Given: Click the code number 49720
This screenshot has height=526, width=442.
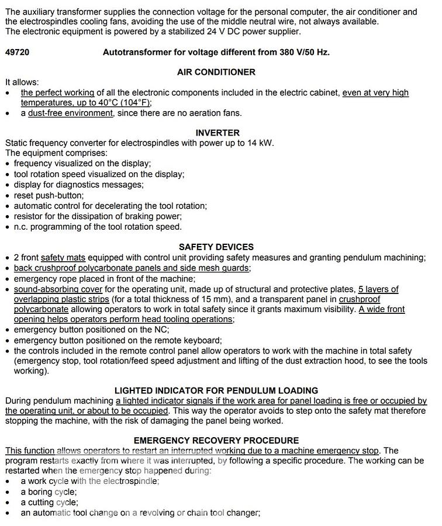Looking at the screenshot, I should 17,52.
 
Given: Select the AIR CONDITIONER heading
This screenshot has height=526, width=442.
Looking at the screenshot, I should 216,72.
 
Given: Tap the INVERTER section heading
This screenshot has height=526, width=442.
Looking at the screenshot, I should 217,133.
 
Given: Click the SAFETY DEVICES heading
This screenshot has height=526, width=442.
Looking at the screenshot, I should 216,247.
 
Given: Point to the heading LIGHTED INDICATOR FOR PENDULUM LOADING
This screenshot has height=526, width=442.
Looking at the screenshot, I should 216,390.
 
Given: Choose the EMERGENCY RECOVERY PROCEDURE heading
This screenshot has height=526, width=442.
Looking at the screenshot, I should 216,440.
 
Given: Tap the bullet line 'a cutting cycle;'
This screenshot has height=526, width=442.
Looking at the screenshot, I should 49,502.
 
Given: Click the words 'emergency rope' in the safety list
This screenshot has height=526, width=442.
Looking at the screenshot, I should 41,278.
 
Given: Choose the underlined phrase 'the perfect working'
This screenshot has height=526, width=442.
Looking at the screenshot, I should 57,92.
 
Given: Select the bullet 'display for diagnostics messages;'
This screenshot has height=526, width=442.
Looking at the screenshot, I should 78,185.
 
